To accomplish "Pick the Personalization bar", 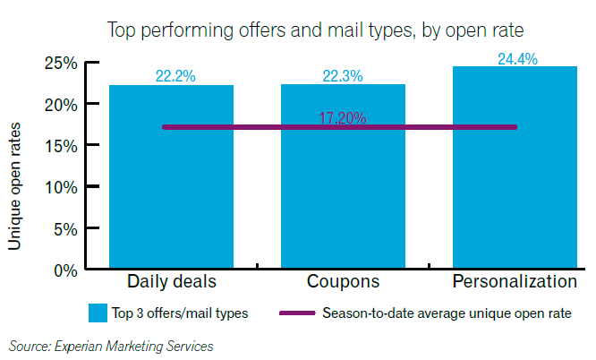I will (x=515, y=179).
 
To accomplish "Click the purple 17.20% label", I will (x=343, y=118).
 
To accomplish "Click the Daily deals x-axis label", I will (x=172, y=282).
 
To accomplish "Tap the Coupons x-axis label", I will (x=343, y=282).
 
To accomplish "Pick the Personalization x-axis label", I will (x=515, y=282).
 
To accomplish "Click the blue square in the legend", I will (x=98, y=313).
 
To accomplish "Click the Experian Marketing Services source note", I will (x=112, y=345).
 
